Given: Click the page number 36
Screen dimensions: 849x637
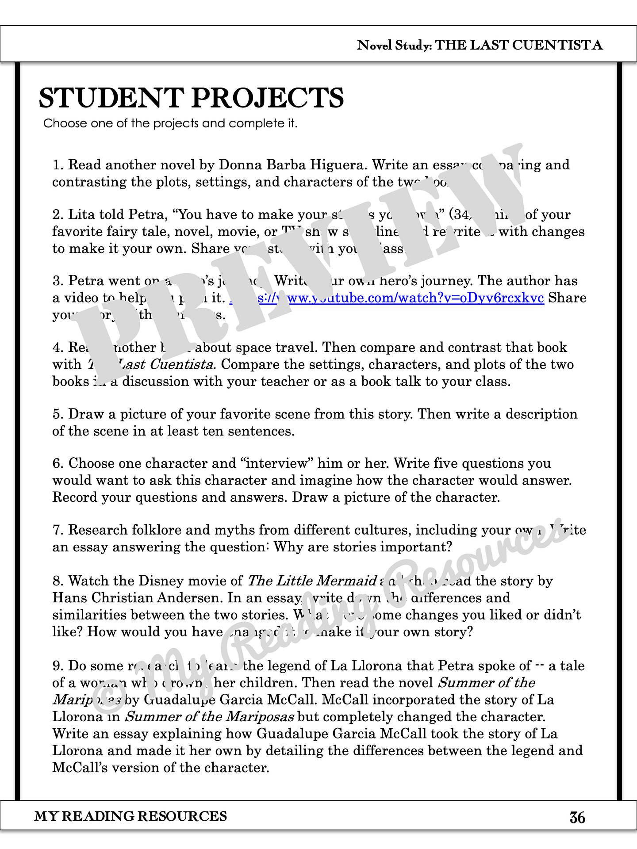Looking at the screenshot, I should tap(577, 818).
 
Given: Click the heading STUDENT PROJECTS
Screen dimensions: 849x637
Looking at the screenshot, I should tap(191, 98).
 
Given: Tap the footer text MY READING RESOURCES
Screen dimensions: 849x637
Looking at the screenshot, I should tap(130, 816).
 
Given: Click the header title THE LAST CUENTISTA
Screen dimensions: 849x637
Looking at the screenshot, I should tap(519, 45).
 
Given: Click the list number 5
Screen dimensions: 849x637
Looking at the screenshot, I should tap(58, 414).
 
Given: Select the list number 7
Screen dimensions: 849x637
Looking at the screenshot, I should tap(58, 530).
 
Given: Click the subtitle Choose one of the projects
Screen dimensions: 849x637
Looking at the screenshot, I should tap(170, 123).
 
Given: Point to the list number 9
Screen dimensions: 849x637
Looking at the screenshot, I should tap(58, 666).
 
